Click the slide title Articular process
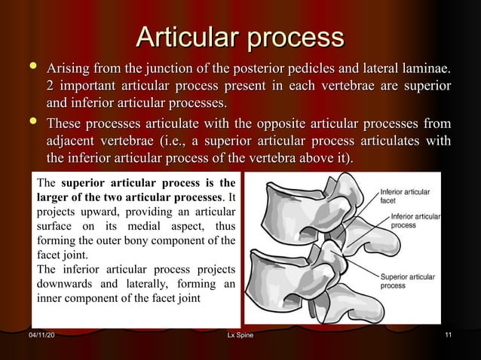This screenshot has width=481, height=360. (239, 37)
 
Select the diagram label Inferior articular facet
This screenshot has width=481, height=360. (405, 196)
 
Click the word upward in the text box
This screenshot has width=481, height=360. (102, 212)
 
